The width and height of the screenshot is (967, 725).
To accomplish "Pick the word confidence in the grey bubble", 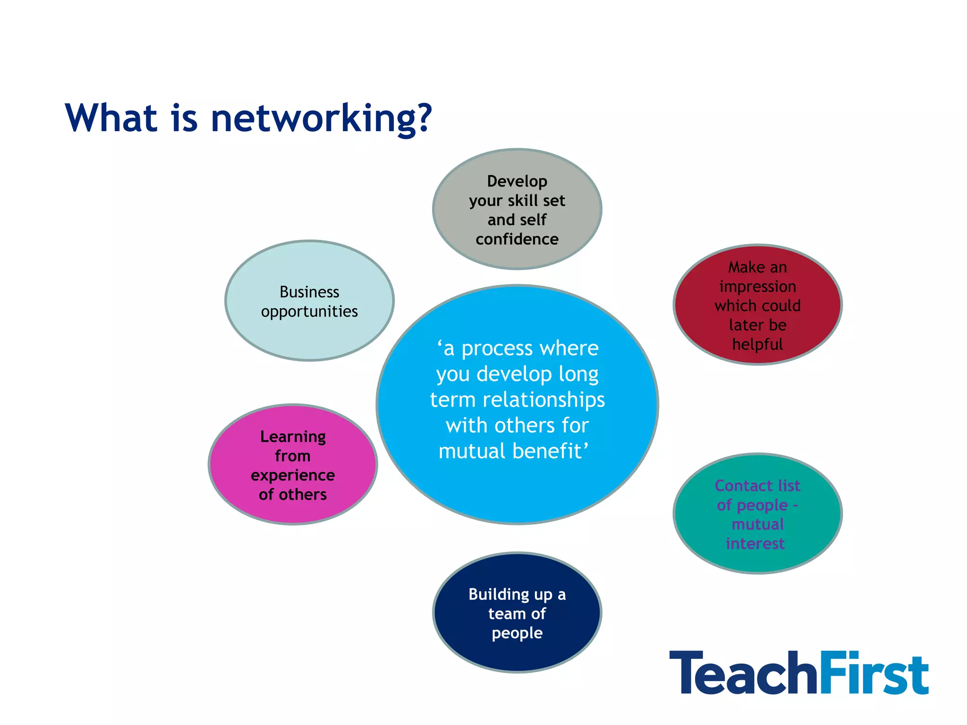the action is [517, 239].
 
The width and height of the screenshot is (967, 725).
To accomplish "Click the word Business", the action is [309, 292].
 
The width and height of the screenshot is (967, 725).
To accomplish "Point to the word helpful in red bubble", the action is [757, 345].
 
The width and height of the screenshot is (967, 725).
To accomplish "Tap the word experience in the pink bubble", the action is [293, 475].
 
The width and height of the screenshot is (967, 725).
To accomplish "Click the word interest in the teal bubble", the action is [755, 544].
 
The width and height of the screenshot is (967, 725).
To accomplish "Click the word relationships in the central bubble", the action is [543, 400].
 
